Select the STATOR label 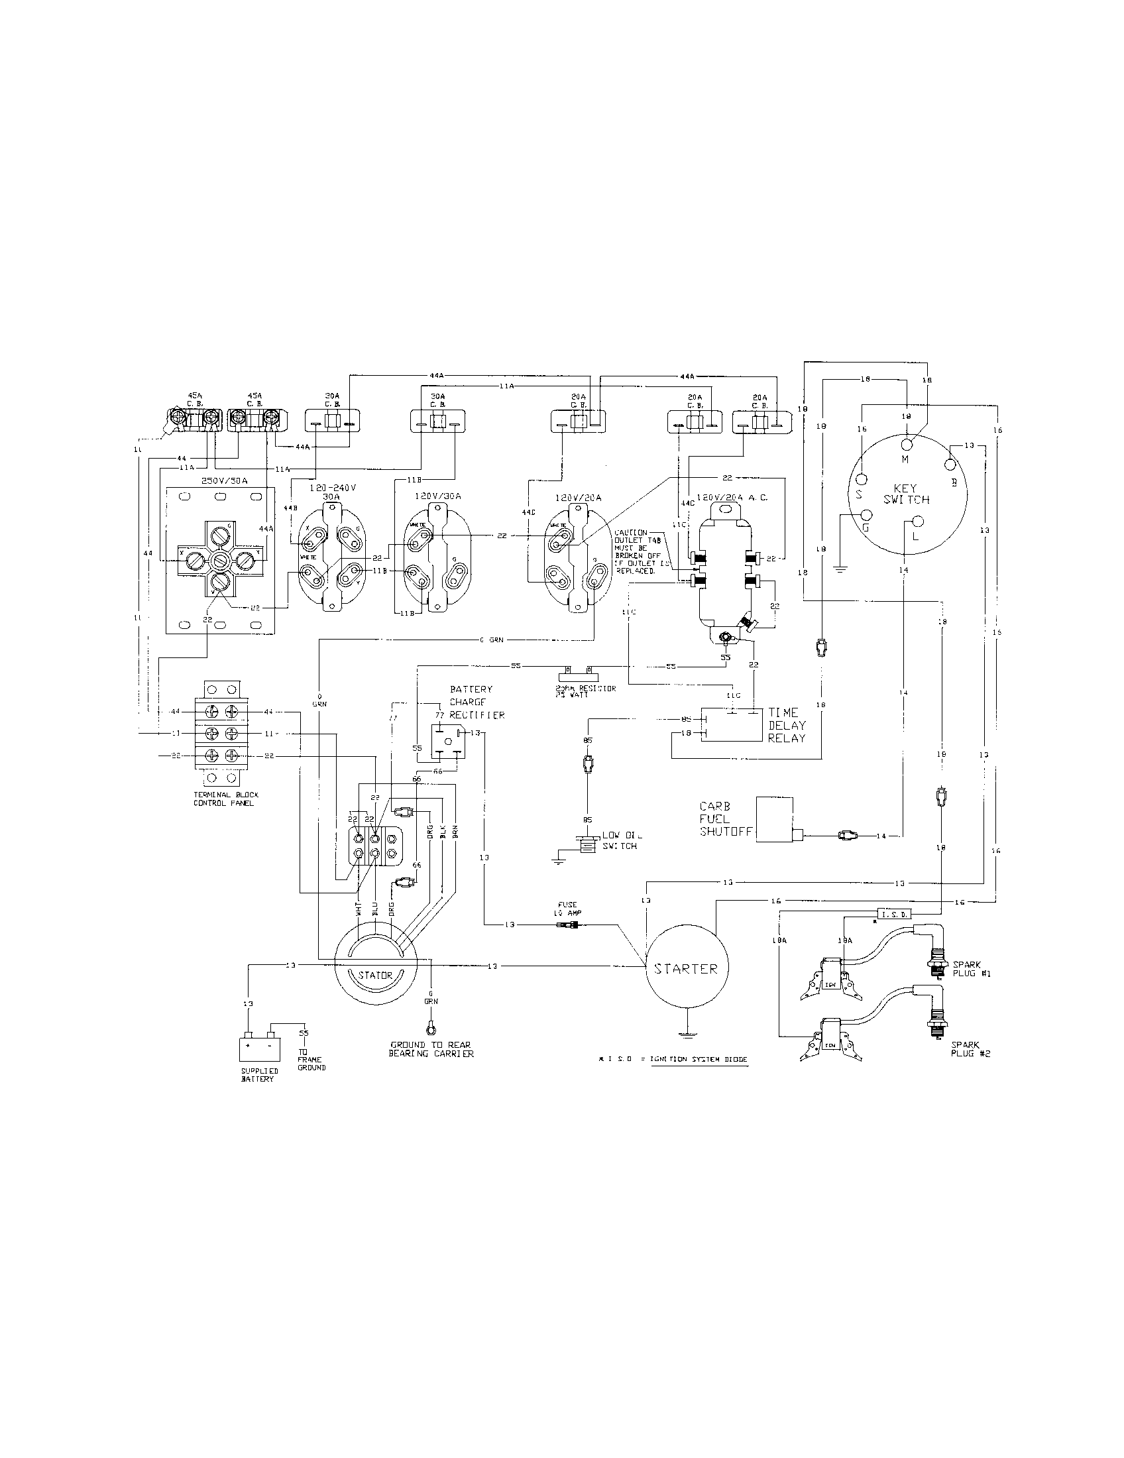(x=375, y=975)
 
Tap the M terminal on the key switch (x=907, y=444)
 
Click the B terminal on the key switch (x=950, y=465)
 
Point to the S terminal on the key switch (x=861, y=479)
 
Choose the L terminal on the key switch (x=917, y=521)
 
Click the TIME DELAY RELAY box (x=732, y=724)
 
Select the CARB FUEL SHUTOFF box (x=774, y=818)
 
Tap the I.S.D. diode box (x=893, y=914)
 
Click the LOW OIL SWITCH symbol (x=586, y=844)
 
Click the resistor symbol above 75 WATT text (x=578, y=668)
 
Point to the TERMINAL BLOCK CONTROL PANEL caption (x=225, y=799)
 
